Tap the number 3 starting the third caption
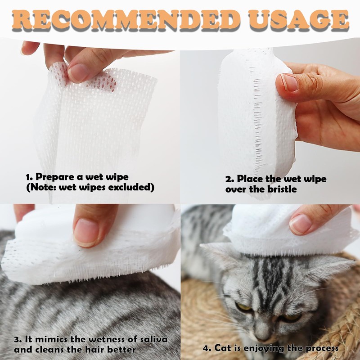tap(16, 339)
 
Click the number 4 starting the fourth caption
tap(205, 348)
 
